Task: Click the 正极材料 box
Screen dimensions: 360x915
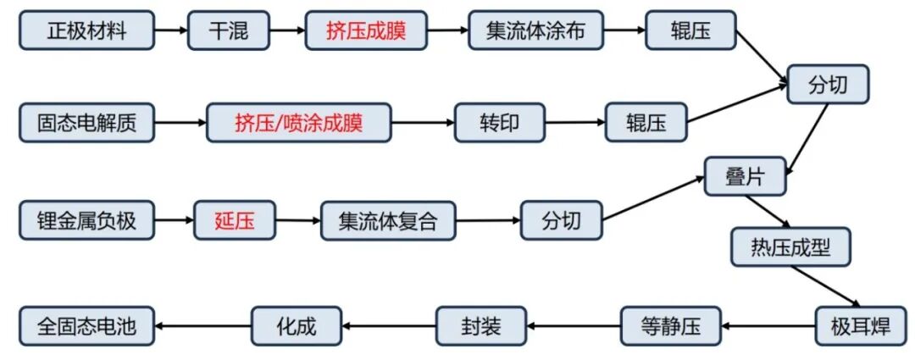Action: coord(86,31)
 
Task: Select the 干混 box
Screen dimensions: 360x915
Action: coord(228,31)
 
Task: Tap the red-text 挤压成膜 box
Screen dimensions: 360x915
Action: coord(366,31)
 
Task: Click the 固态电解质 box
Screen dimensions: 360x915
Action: coord(86,124)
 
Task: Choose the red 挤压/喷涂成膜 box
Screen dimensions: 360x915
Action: coord(299,124)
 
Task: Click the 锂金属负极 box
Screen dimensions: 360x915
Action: coord(86,222)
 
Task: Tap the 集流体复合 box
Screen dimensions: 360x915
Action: coord(388,222)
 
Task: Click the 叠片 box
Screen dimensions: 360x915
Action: coord(746,175)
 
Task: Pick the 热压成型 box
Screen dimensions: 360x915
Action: coord(790,247)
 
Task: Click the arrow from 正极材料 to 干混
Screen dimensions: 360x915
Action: coord(171,31)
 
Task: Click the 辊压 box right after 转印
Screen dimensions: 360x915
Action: coord(645,124)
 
